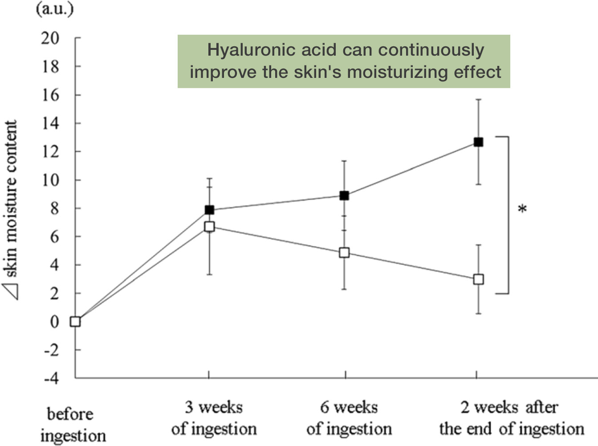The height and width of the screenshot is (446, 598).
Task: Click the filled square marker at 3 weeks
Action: [209, 210]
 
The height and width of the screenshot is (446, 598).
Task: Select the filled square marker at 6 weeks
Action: [344, 195]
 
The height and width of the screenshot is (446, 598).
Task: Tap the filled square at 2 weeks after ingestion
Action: [478, 142]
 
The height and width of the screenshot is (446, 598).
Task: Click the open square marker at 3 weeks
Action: [209, 227]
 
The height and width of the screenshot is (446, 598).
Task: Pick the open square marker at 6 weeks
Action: [344, 253]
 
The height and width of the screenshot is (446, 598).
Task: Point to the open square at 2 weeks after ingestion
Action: [478, 280]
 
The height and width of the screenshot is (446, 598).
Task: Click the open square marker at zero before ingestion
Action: [75, 321]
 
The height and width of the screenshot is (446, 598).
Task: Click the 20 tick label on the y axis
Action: [50, 38]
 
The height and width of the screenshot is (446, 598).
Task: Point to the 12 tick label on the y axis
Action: [50, 152]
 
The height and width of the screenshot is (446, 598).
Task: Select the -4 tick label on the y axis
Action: [51, 379]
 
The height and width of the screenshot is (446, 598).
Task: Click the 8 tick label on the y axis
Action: [54, 208]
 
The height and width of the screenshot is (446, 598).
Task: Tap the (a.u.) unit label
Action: [55, 9]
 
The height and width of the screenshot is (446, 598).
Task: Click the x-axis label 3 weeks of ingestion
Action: [214, 418]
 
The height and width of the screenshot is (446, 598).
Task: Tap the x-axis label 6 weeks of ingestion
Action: [349, 418]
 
